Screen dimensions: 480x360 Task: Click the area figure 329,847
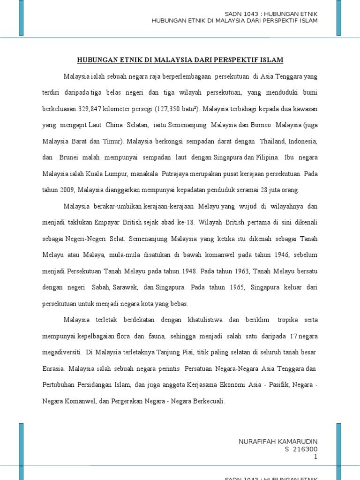[86, 109]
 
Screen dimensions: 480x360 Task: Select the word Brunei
[70, 157]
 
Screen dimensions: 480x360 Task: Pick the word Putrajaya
[179, 174]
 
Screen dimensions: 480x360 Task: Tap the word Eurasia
[53, 368]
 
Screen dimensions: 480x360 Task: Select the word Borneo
[257, 125]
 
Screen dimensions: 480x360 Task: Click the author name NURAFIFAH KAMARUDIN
[278, 442]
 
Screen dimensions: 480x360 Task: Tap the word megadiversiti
[61, 352]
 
